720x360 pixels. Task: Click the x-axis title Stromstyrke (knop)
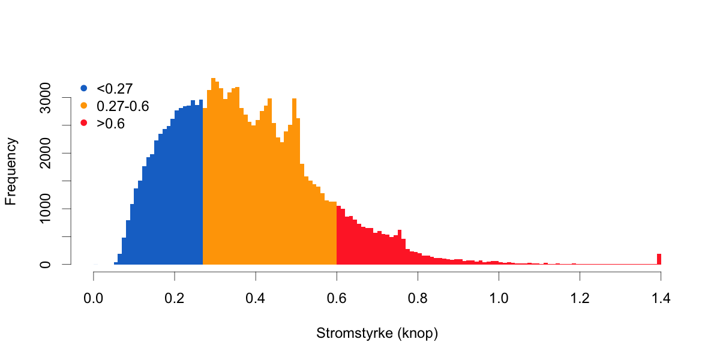[x=377, y=334]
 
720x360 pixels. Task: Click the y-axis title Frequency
[x=11, y=171]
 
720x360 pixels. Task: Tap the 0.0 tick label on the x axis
[x=94, y=298]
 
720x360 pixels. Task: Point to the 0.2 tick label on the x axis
[x=175, y=298]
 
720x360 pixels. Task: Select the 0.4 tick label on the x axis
[x=256, y=298]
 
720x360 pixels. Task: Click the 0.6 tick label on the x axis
[x=337, y=298]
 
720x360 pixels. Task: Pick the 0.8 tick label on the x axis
[x=418, y=298]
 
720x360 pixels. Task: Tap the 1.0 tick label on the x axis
[x=499, y=298]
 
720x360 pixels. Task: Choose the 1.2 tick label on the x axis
[x=580, y=298]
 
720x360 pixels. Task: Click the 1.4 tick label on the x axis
[x=661, y=298]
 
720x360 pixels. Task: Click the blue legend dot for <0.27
[x=83, y=89]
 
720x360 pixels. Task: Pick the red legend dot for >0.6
[x=83, y=124]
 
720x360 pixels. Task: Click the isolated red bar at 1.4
[x=659, y=259]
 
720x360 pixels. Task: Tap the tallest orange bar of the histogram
[x=213, y=171]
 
